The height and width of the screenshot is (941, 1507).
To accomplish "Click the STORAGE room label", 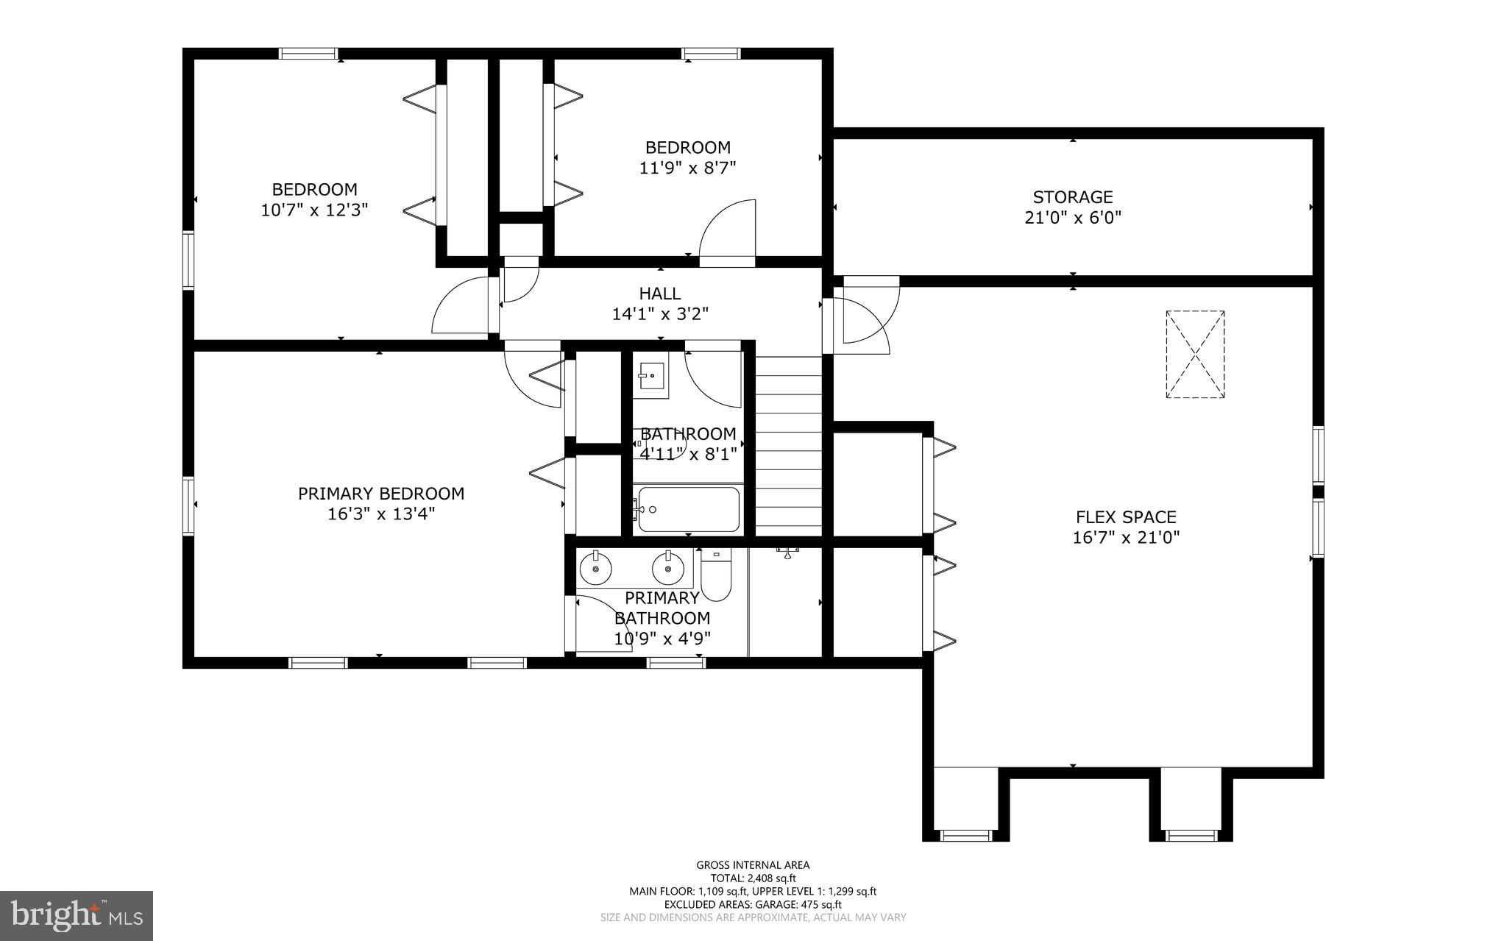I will click(x=1072, y=197).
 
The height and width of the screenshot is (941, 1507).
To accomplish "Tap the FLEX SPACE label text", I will click(x=1126, y=517).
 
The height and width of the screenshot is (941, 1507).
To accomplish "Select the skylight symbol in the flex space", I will click(x=1195, y=355).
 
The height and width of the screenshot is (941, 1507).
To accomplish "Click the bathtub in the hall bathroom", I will click(x=688, y=509).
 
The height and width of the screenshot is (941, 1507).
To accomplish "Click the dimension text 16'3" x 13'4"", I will click(x=381, y=514).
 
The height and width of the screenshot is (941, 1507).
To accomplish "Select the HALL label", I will click(x=659, y=294).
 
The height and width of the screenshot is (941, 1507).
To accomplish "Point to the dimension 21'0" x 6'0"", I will click(x=1072, y=218).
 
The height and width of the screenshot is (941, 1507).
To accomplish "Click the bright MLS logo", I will click(x=77, y=915).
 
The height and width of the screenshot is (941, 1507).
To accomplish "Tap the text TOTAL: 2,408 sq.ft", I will click(x=753, y=878).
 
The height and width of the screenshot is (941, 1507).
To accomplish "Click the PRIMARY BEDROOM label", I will click(x=381, y=494).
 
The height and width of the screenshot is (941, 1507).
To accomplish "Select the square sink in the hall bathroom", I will click(x=650, y=379).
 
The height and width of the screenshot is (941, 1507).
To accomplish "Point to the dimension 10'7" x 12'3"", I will click(x=314, y=210).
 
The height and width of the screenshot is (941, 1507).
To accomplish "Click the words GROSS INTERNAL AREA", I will click(x=753, y=865).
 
